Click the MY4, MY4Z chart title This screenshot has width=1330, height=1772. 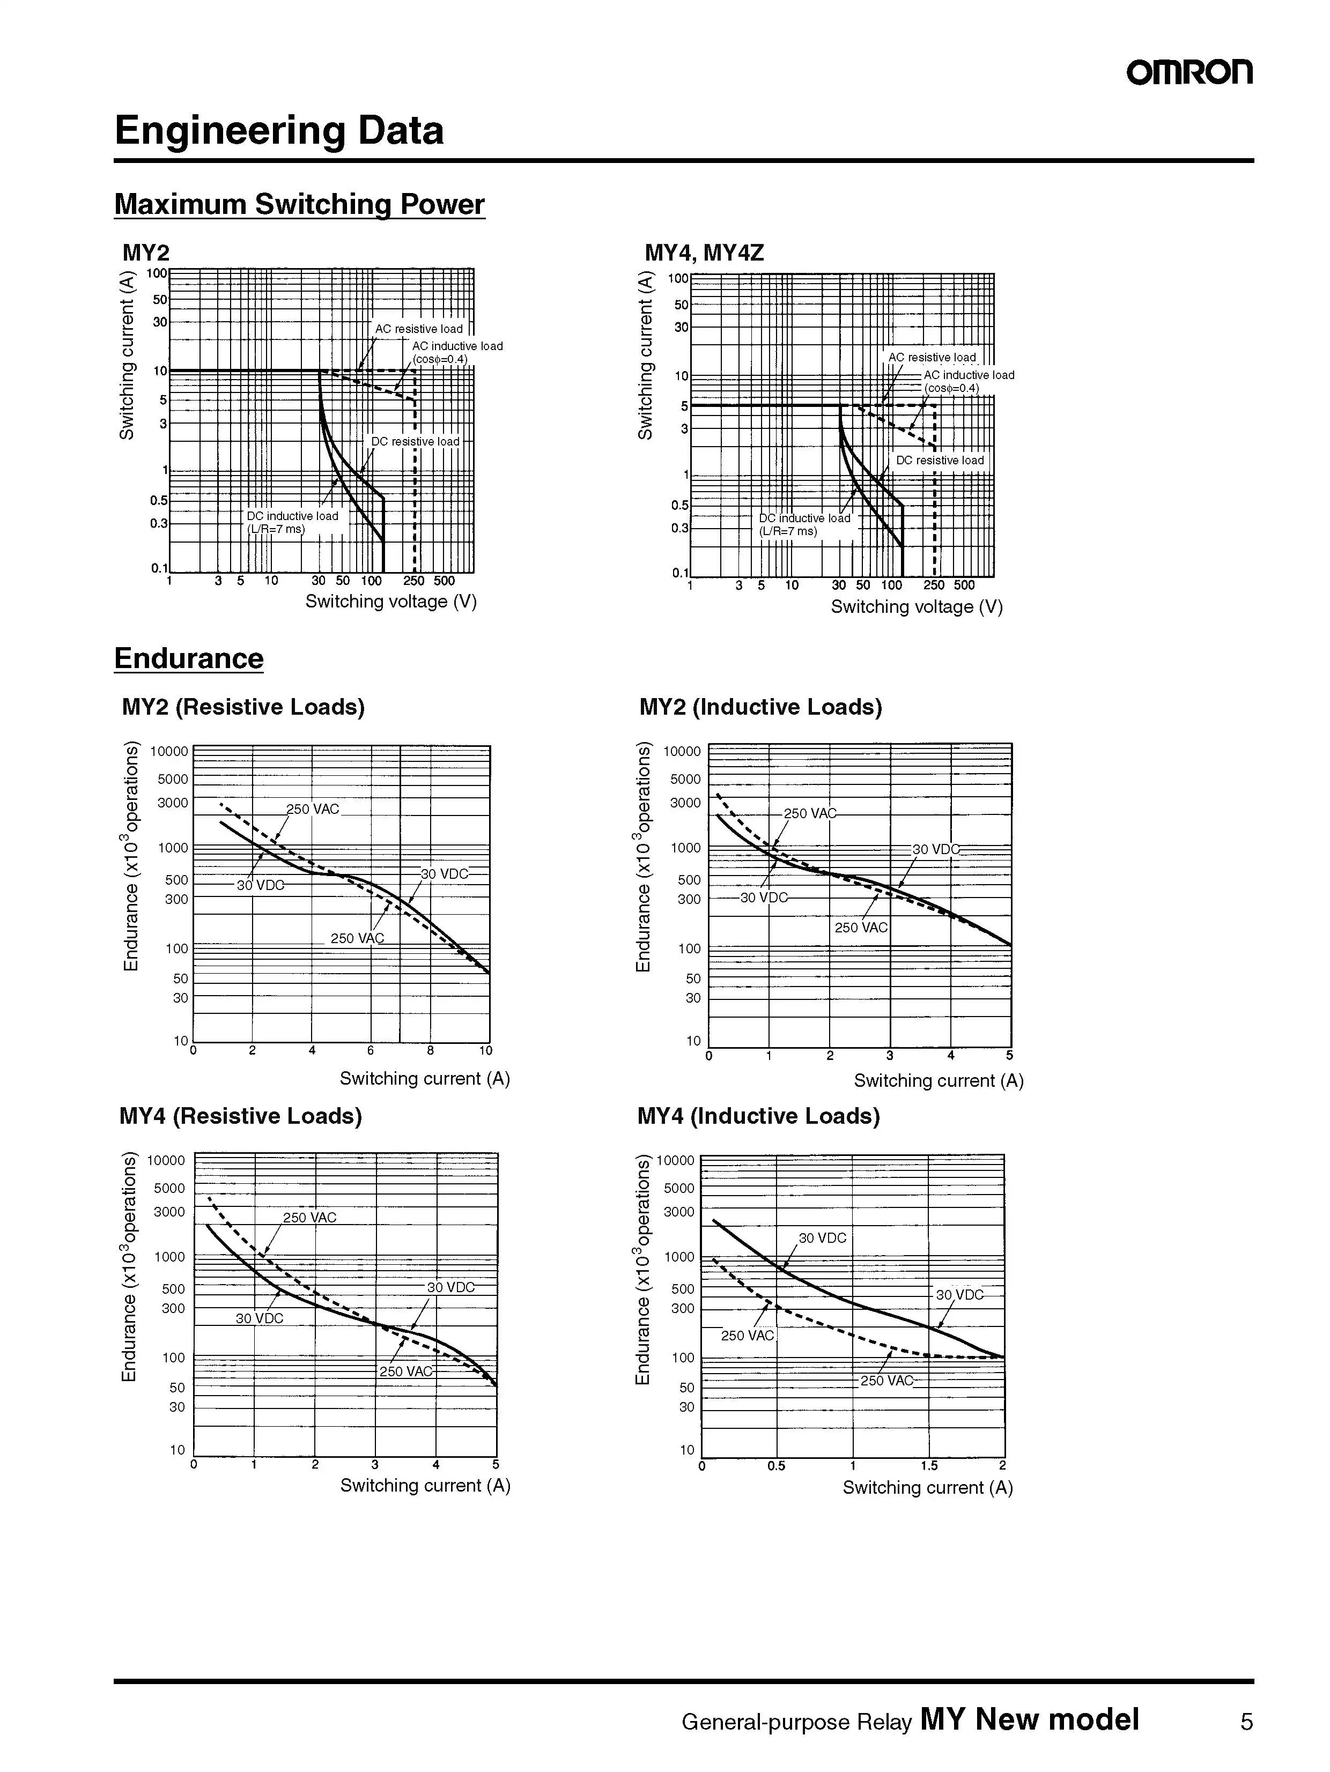pyautogui.click(x=704, y=253)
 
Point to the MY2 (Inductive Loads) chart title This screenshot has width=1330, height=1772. pyautogui.click(x=760, y=707)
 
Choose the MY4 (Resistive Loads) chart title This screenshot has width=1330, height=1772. pyautogui.click(x=240, y=1116)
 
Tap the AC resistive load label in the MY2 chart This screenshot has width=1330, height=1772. pyautogui.click(x=418, y=329)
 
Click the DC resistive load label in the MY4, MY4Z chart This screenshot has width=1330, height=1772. pyautogui.click(x=940, y=461)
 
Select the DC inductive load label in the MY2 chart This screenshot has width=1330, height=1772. pyautogui.click(x=292, y=516)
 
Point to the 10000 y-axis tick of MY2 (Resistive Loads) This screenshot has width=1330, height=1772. pyautogui.click(x=169, y=751)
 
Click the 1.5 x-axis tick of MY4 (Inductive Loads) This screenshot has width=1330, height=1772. pyautogui.click(x=929, y=1466)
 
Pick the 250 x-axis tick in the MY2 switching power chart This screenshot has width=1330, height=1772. pyautogui.click(x=414, y=581)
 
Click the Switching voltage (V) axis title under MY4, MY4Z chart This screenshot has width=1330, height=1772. pyautogui.click(x=917, y=606)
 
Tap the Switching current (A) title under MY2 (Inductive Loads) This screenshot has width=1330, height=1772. pyautogui.click(x=938, y=1081)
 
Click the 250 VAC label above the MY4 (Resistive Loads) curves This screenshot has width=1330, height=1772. pyautogui.click(x=309, y=1218)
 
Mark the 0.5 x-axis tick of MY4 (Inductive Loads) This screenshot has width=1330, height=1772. pyautogui.click(x=775, y=1466)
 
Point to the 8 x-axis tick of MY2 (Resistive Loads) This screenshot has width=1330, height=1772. pyautogui.click(x=430, y=1050)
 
